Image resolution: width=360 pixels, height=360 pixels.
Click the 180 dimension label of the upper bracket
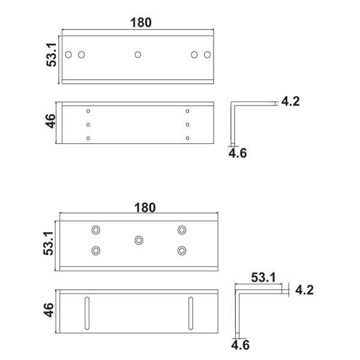pos(141,23)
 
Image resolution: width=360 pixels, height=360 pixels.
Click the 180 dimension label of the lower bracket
pos(145,208)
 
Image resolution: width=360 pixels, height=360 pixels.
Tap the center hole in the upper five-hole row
pos(138,55)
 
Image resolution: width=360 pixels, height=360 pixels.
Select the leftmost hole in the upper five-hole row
pos(68,55)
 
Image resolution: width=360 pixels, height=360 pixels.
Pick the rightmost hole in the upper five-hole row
pos(208,55)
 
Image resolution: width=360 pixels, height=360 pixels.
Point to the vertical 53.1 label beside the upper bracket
pos(52,55)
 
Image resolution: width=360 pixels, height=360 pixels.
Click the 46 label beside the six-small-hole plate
pos(50,121)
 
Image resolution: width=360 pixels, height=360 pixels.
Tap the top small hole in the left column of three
pos(88,111)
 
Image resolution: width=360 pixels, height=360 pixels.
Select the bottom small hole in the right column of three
pos(188,138)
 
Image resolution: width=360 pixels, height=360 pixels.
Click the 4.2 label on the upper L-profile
pos(290,101)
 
